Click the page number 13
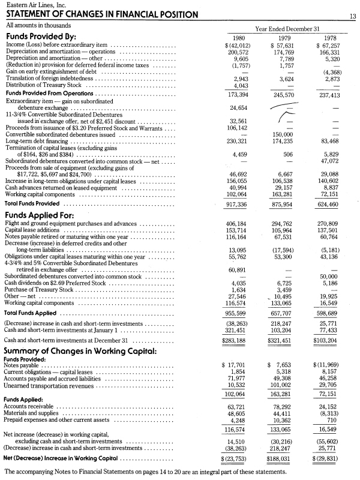353,17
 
